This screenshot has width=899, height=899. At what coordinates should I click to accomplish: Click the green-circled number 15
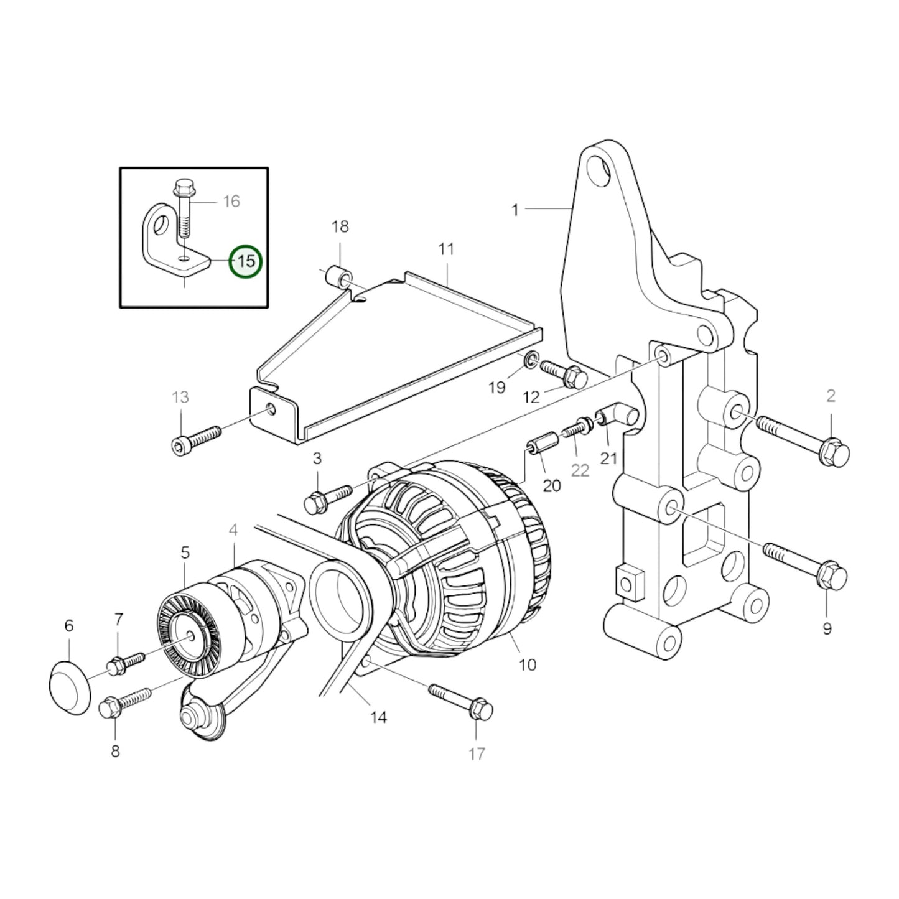pos(246,261)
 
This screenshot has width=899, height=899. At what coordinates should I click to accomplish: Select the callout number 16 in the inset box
pos(231,201)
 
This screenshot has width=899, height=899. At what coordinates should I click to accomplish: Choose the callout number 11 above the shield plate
pos(446,249)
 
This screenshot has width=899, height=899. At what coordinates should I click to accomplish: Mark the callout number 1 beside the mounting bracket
pos(515,210)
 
